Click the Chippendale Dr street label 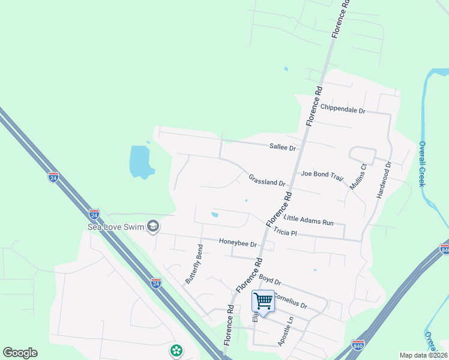point(343,109)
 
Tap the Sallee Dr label point(283,147)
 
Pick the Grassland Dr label point(267,179)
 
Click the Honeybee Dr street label point(238,244)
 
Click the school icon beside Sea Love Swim point(153,226)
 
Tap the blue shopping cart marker point(262,301)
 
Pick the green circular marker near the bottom point(176,350)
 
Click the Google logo point(20,353)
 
